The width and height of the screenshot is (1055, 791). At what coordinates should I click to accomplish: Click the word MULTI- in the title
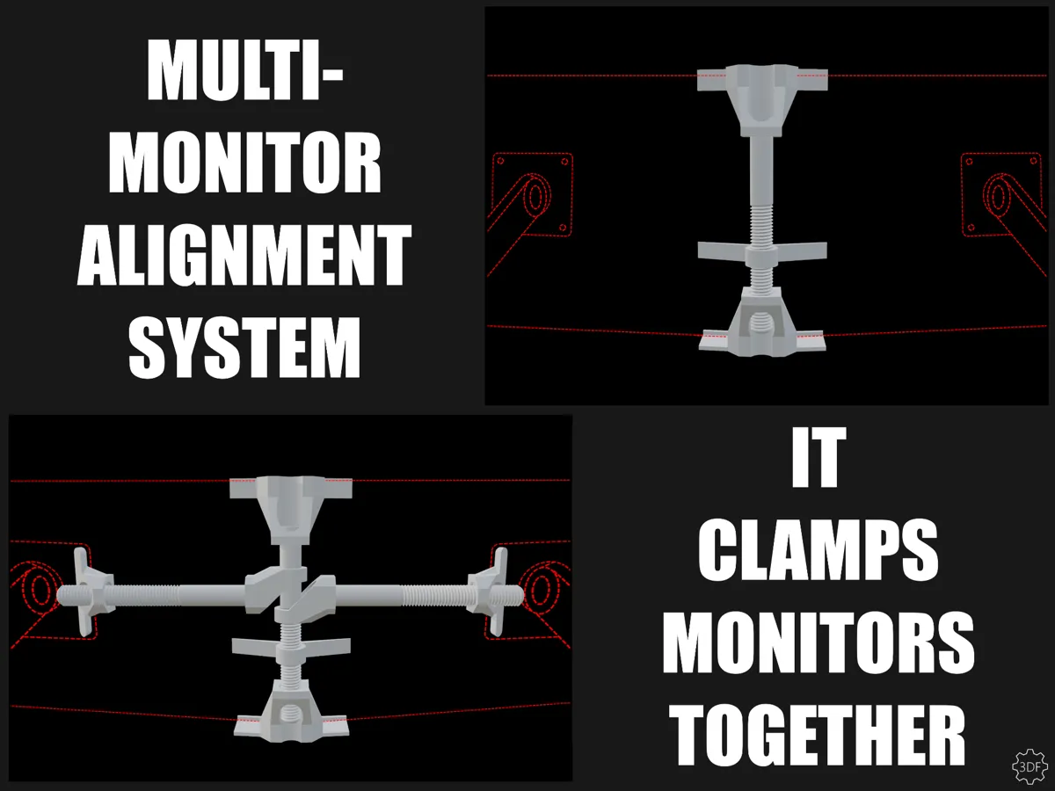(x=245, y=70)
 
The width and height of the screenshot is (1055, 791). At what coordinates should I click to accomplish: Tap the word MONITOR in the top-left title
(x=244, y=163)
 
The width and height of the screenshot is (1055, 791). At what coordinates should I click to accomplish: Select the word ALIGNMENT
(x=244, y=255)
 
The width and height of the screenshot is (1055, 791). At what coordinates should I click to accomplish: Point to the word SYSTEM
(x=244, y=347)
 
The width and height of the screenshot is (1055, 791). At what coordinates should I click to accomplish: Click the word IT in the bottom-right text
(x=819, y=457)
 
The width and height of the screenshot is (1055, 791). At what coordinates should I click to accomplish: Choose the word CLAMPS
(x=818, y=550)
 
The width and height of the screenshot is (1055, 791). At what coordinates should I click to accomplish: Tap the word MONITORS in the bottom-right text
(x=818, y=642)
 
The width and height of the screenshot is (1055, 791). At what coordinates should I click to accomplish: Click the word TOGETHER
(x=818, y=735)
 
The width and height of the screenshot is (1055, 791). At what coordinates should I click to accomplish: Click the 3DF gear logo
(x=1030, y=766)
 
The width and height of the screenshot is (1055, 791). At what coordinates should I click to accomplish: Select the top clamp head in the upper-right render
(x=762, y=99)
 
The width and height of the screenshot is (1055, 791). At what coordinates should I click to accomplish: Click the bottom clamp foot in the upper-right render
(x=762, y=322)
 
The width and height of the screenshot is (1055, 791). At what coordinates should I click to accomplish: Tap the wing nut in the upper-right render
(x=762, y=253)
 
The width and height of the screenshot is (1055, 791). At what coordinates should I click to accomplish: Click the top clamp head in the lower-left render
(x=291, y=510)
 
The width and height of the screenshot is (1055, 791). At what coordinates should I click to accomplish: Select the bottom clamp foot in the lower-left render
(x=291, y=711)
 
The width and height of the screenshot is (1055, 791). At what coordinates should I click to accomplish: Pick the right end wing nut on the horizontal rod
(x=489, y=592)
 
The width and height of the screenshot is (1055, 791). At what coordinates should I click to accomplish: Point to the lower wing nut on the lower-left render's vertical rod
(x=291, y=649)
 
